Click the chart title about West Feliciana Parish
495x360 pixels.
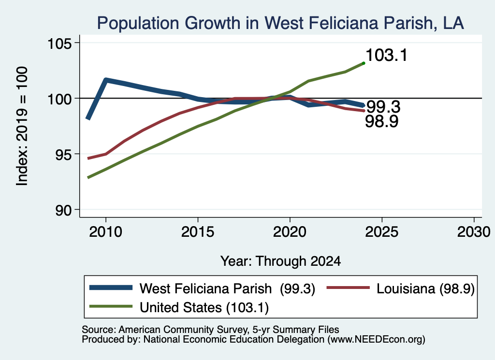pyautogui.click(x=280, y=23)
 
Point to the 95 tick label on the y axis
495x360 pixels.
pyautogui.click(x=63, y=154)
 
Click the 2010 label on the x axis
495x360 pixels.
pyautogui.click(x=106, y=232)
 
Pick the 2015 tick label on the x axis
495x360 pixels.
pyautogui.click(x=198, y=232)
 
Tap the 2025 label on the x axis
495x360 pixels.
pyautogui.click(x=382, y=232)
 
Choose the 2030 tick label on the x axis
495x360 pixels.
pyautogui.click(x=474, y=232)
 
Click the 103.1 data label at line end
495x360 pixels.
pyautogui.click(x=386, y=55)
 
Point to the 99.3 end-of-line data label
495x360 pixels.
pyautogui.click(x=383, y=107)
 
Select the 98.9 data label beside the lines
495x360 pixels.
pyautogui.click(x=382, y=121)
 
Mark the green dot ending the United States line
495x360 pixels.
pyautogui.click(x=364, y=63)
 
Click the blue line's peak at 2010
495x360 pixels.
pyautogui.click(x=106, y=80)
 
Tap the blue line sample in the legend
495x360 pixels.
pyautogui.click(x=111, y=288)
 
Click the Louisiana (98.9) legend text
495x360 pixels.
pyautogui.click(x=425, y=288)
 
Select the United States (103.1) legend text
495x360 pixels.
pyautogui.click(x=204, y=308)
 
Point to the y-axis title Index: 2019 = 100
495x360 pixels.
pyautogui.click(x=22, y=126)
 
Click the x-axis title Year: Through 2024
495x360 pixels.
pyautogui.click(x=281, y=261)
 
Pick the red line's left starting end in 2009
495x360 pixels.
pyautogui.click(x=88, y=158)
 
